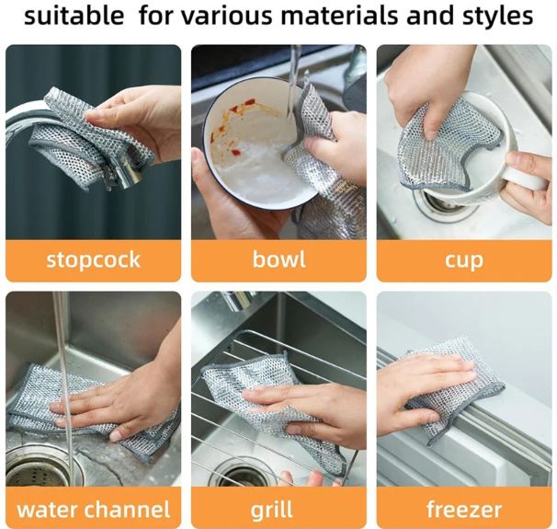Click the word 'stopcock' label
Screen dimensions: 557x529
(x=94, y=259)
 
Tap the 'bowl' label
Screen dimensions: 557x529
(x=278, y=259)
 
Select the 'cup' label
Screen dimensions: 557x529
(x=464, y=261)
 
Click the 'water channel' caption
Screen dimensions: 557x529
(x=94, y=509)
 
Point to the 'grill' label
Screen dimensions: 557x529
(x=272, y=511)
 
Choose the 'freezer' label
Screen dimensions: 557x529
(x=464, y=509)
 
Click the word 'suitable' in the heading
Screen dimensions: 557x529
(x=74, y=16)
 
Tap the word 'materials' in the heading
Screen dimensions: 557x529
(x=341, y=16)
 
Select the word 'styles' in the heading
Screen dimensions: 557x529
(x=495, y=17)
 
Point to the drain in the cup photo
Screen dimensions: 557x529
(x=440, y=203)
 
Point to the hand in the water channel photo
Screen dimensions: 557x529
(x=124, y=395)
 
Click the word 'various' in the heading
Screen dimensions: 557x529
(x=233, y=16)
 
